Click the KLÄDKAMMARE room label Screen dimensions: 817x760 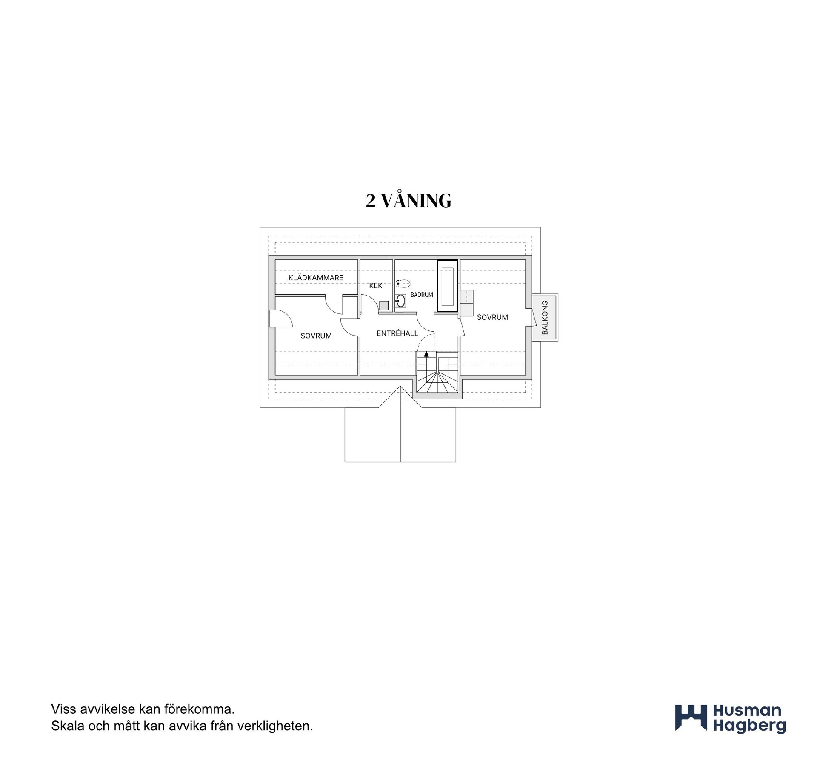(x=316, y=278)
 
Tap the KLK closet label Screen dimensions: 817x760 (x=376, y=286)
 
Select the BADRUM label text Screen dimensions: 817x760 (x=422, y=295)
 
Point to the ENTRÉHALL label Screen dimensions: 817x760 (x=397, y=333)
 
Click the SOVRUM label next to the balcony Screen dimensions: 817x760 (x=492, y=317)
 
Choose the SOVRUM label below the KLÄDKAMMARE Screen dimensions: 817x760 (x=316, y=336)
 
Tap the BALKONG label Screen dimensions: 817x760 (x=545, y=317)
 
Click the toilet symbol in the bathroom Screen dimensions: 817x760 (x=403, y=283)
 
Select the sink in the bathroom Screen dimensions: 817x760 (x=400, y=301)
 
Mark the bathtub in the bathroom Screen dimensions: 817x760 (x=447, y=286)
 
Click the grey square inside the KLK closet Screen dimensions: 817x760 (x=384, y=305)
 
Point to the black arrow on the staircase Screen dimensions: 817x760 (x=427, y=354)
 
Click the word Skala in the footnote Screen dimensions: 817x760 (x=68, y=726)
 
